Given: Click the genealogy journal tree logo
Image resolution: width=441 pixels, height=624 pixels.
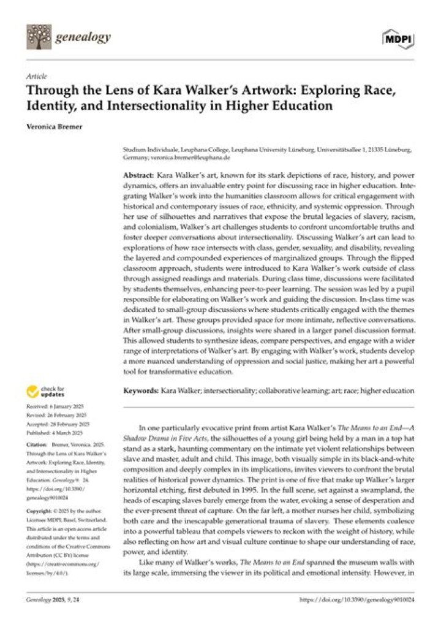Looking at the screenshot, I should (x=38, y=37).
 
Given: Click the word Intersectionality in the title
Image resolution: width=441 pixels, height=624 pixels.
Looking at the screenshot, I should (x=154, y=105).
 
